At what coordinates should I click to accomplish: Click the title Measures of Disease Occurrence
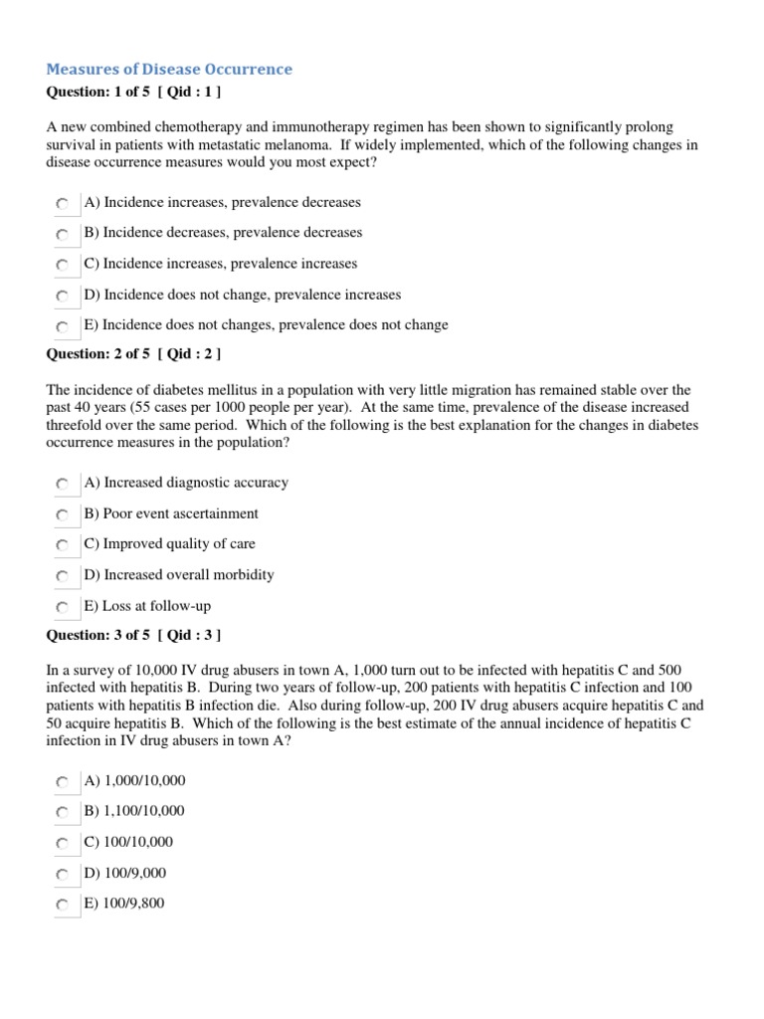click(x=169, y=70)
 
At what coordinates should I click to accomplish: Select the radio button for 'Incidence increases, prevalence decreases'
click(x=63, y=203)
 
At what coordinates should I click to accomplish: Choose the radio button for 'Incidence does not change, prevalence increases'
click(x=63, y=296)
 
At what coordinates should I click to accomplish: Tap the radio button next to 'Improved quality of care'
click(x=63, y=545)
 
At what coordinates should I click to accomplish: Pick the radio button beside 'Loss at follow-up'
click(x=63, y=607)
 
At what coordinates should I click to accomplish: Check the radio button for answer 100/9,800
click(x=63, y=905)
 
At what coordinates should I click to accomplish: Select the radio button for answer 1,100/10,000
click(x=63, y=812)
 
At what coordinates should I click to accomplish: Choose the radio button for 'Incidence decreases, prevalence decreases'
click(x=63, y=234)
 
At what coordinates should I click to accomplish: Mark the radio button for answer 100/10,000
click(x=63, y=843)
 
